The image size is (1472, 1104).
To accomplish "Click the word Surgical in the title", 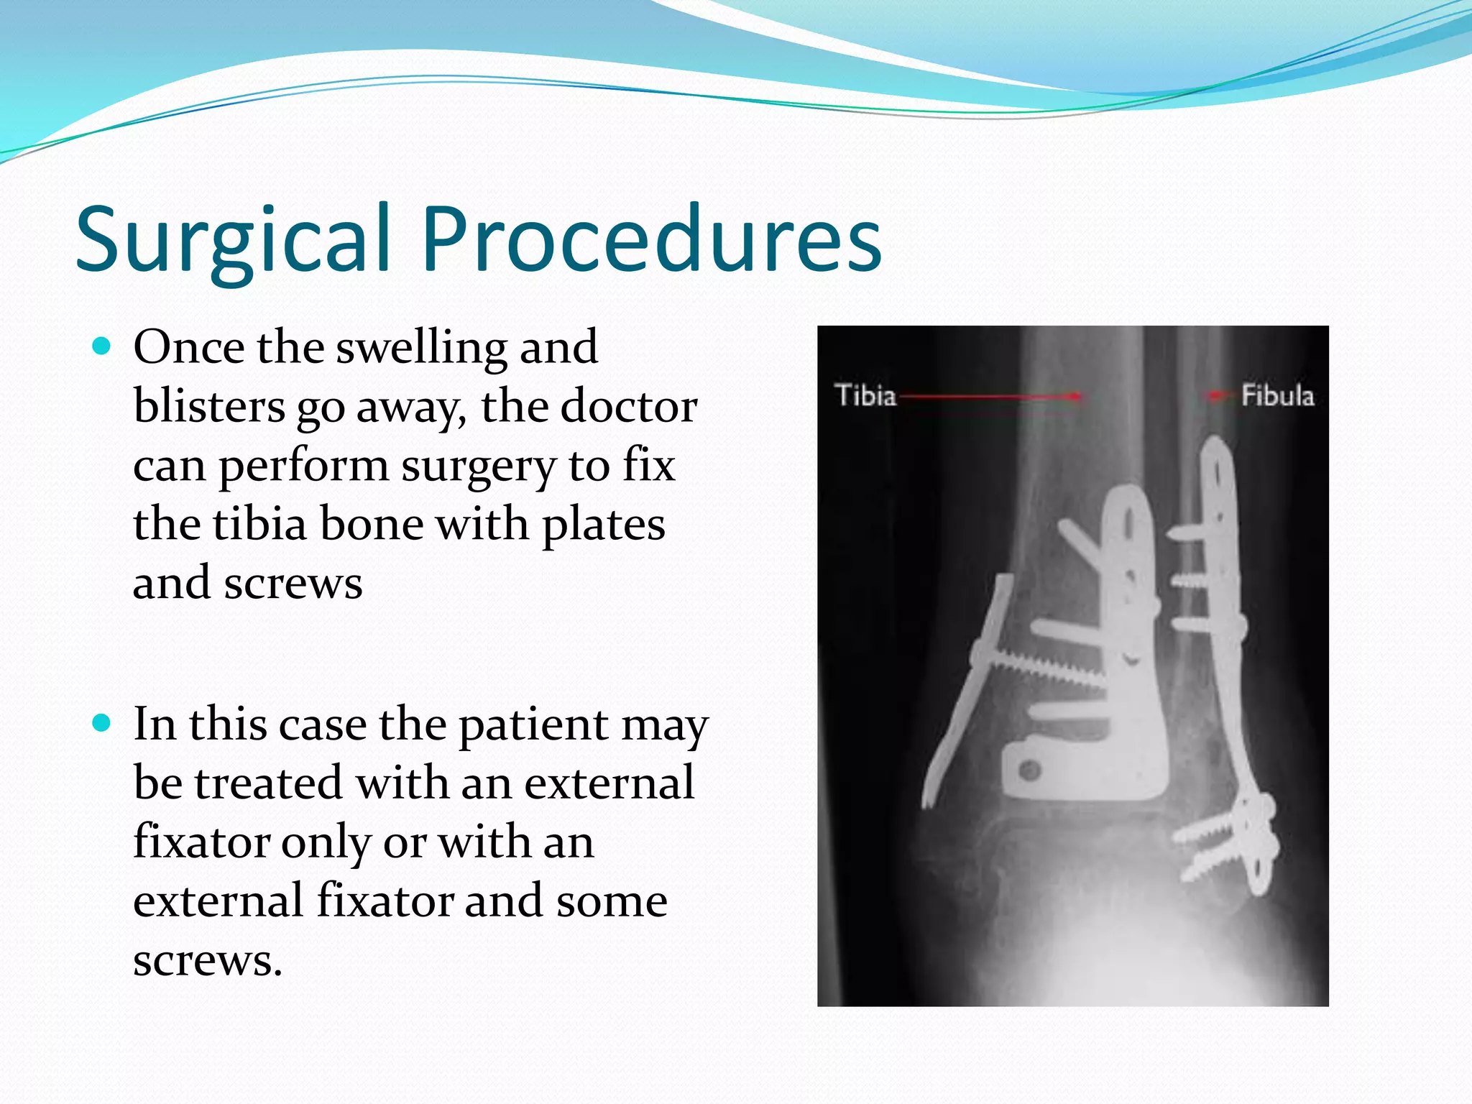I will (234, 239).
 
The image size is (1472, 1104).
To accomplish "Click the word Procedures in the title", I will (650, 239).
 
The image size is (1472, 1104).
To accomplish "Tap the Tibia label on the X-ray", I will (865, 395).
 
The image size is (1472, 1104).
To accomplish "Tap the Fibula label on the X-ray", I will (1277, 395).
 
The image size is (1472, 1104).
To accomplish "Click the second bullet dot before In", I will (103, 723).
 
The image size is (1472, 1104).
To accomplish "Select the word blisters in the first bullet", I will (209, 407).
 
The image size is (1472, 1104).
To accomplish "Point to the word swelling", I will (421, 348).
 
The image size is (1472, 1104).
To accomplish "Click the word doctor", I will (628, 407).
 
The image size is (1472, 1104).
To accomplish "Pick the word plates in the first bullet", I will (603, 525).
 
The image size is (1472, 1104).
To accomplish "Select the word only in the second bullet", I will (326, 842).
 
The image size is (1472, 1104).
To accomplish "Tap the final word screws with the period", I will (208, 960).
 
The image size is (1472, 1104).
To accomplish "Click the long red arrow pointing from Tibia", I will (992, 395).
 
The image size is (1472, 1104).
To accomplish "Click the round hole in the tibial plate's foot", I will (1030, 771).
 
